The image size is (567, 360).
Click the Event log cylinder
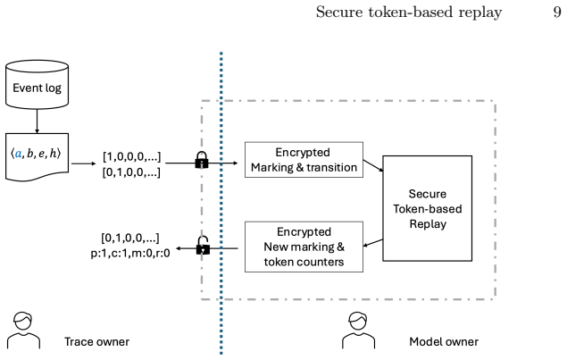coord(37,85)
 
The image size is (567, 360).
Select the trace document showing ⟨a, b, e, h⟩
coord(37,156)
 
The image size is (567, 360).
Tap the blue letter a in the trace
coord(18,155)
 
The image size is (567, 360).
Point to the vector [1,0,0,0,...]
coord(131,156)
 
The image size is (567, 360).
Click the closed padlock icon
coord(202,160)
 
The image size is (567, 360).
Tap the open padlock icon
coord(203,246)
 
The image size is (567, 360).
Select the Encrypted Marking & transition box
coord(304,160)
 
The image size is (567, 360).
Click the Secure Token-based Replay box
coord(428,208)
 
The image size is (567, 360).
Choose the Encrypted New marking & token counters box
coord(304,247)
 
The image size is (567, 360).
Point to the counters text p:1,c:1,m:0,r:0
coord(130,254)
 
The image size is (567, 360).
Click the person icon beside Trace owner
coord(23,331)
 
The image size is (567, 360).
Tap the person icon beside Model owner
coord(358,331)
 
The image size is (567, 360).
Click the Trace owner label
coord(96,341)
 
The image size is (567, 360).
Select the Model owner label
coord(444,341)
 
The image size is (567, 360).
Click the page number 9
coord(557,12)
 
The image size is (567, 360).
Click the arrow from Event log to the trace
coord(37,121)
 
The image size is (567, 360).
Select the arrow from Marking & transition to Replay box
coord(373,165)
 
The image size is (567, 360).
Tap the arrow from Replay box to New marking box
coord(373,242)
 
